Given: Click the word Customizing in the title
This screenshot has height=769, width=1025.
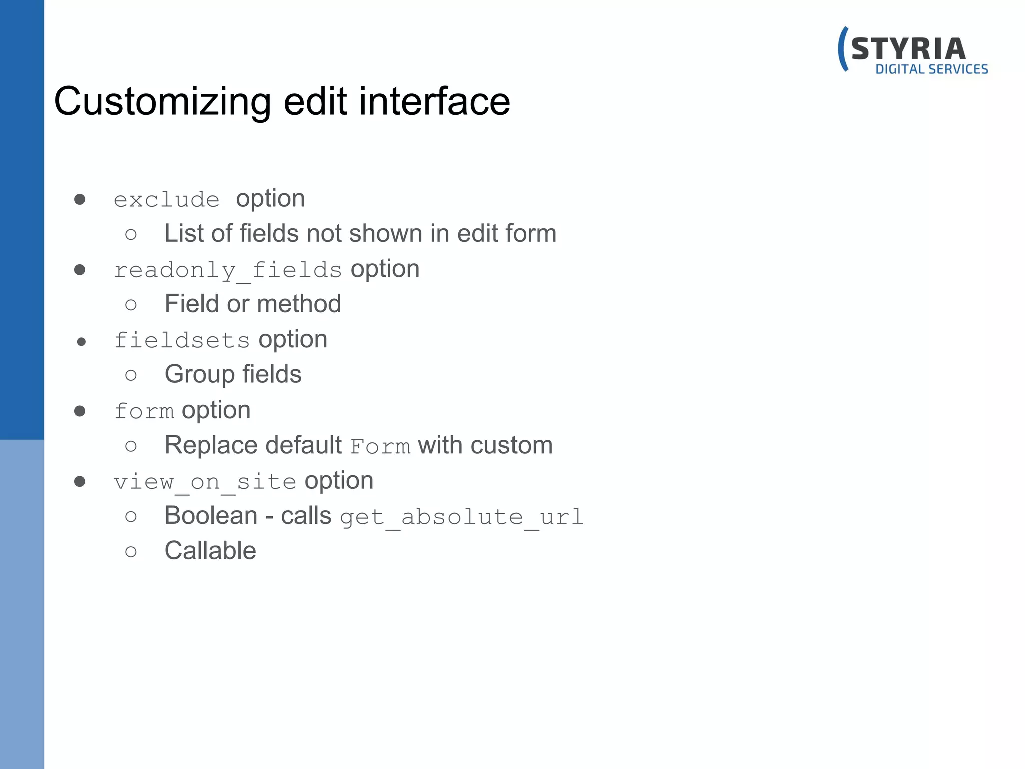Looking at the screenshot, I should coord(162,102).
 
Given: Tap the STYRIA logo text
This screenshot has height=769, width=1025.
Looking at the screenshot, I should coord(908,49).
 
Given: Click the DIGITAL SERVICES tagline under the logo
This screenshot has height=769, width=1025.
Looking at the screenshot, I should coord(931,69).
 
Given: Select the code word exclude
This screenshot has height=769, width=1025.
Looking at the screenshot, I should coord(166,200).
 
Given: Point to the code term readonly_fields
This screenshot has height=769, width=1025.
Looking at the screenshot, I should coord(228,271).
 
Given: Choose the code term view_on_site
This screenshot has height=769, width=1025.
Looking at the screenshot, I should coord(205,482).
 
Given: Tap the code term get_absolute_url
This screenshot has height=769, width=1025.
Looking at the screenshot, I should coord(461,517).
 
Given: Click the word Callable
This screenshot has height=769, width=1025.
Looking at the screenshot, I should coord(210,551).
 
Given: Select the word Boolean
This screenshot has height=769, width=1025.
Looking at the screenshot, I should coord(211,516).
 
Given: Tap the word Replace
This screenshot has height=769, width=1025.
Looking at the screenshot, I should coord(210,445).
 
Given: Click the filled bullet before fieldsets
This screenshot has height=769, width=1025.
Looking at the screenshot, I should coord(81,342).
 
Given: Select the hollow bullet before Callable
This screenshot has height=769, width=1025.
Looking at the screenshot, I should coord(131,552).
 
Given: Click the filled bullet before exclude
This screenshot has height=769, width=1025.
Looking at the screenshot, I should coord(80,200).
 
